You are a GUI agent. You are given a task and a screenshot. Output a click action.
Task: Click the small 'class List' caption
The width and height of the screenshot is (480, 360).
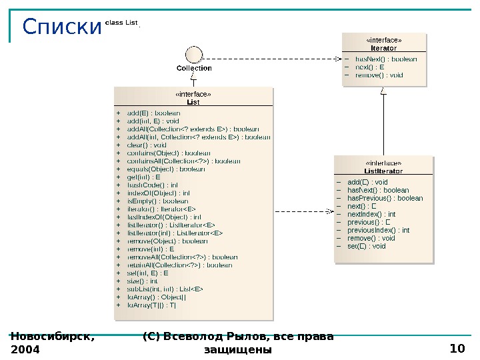(x=121, y=23)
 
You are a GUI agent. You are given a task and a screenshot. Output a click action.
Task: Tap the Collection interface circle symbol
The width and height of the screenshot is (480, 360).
(x=193, y=55)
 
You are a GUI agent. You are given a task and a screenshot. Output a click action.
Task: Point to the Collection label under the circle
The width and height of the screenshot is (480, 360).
(x=194, y=68)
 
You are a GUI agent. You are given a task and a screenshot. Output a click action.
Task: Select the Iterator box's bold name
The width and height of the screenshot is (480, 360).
(x=383, y=48)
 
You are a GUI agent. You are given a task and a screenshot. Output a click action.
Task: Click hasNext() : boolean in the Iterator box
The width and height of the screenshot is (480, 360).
(x=386, y=59)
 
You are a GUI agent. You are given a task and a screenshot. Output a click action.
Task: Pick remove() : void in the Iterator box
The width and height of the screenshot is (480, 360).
(x=379, y=75)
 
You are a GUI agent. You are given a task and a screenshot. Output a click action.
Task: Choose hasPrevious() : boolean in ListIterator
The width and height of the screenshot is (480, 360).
(x=385, y=198)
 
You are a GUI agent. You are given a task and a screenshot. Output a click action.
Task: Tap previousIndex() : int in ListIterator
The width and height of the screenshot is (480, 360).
(x=378, y=230)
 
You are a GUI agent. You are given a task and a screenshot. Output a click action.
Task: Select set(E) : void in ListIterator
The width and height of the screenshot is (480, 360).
(x=367, y=246)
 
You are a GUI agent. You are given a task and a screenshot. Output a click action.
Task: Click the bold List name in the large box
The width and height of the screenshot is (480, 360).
(x=193, y=102)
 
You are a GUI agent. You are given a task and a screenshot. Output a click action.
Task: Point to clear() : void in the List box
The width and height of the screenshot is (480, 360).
(x=147, y=145)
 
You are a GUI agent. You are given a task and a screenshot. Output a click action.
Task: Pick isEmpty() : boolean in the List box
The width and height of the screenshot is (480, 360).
(x=157, y=201)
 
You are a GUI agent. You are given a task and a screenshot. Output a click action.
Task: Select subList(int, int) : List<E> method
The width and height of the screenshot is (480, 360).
(x=165, y=289)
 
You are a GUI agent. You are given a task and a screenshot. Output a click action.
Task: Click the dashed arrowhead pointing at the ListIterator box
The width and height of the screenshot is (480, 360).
(x=329, y=211)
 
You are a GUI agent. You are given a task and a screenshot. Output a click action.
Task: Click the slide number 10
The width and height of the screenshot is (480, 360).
(x=457, y=349)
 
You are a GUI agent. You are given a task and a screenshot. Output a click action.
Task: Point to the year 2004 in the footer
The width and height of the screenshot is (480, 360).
(x=25, y=349)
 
